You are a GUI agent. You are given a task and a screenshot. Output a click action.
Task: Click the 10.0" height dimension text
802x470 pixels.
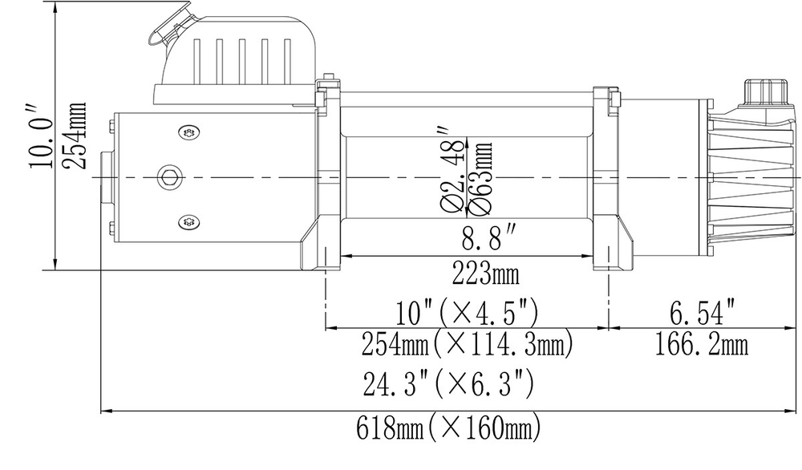pos(39,134)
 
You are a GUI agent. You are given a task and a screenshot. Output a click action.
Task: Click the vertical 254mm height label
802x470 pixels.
pos(75,134)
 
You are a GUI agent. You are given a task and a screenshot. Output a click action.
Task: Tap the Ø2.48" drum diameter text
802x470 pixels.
pos(452,168)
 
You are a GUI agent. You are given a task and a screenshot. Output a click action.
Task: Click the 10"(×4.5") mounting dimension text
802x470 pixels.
pos(468,310)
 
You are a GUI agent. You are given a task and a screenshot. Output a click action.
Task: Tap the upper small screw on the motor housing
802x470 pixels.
pos(188,133)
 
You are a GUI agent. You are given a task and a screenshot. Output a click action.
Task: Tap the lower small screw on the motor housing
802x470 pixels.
pos(188,220)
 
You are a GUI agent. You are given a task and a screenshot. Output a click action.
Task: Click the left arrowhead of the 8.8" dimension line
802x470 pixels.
pos(346,257)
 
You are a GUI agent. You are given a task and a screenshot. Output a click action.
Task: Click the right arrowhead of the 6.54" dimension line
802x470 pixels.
pos(782,327)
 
